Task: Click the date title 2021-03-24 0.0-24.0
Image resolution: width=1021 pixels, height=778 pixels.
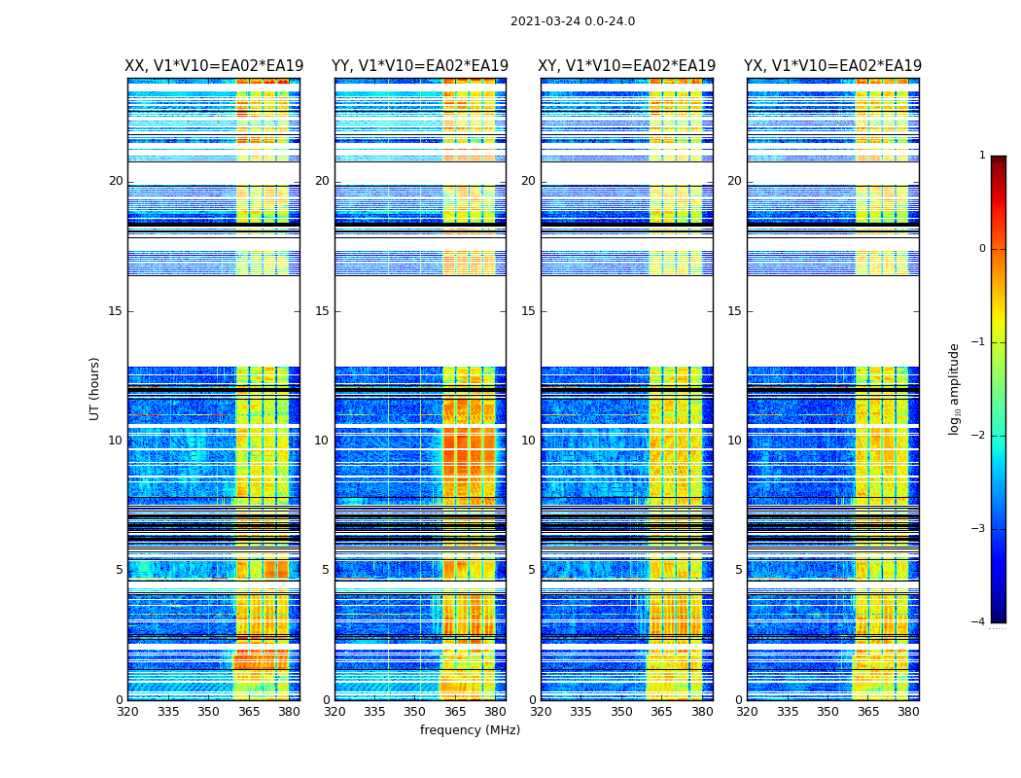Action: pos(573,21)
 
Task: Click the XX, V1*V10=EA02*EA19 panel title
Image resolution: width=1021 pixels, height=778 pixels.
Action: pos(213,66)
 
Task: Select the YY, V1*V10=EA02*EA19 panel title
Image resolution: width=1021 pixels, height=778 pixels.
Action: pos(420,66)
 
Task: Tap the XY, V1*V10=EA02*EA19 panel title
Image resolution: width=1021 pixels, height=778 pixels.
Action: pos(627,66)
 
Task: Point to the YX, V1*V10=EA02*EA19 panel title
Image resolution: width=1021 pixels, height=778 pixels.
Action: pos(833,66)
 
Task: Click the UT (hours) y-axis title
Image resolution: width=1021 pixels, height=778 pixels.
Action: pos(95,388)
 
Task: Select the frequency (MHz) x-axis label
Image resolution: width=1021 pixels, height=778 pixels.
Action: pos(470,730)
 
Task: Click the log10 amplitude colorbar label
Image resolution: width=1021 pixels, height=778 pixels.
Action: pos(955,388)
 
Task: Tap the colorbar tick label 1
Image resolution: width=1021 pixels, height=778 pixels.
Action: pos(981,156)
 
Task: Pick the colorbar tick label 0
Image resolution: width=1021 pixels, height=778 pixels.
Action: pos(981,249)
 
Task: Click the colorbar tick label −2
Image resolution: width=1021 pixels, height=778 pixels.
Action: pos(979,436)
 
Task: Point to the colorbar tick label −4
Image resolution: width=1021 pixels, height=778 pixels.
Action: pos(979,622)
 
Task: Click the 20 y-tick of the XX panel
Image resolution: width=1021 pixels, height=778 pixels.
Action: pos(116,181)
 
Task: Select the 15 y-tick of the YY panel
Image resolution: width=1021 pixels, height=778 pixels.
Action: pos(322,311)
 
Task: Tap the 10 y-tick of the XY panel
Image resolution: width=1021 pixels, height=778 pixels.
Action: pos(528,441)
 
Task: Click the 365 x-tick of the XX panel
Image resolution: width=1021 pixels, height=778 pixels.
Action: pos(249,712)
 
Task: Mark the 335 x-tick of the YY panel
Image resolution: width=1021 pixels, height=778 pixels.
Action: pos(374,712)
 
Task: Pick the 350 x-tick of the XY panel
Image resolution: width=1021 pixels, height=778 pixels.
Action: pos(621,712)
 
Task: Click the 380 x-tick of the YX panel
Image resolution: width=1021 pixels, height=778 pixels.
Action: pos(908,712)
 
